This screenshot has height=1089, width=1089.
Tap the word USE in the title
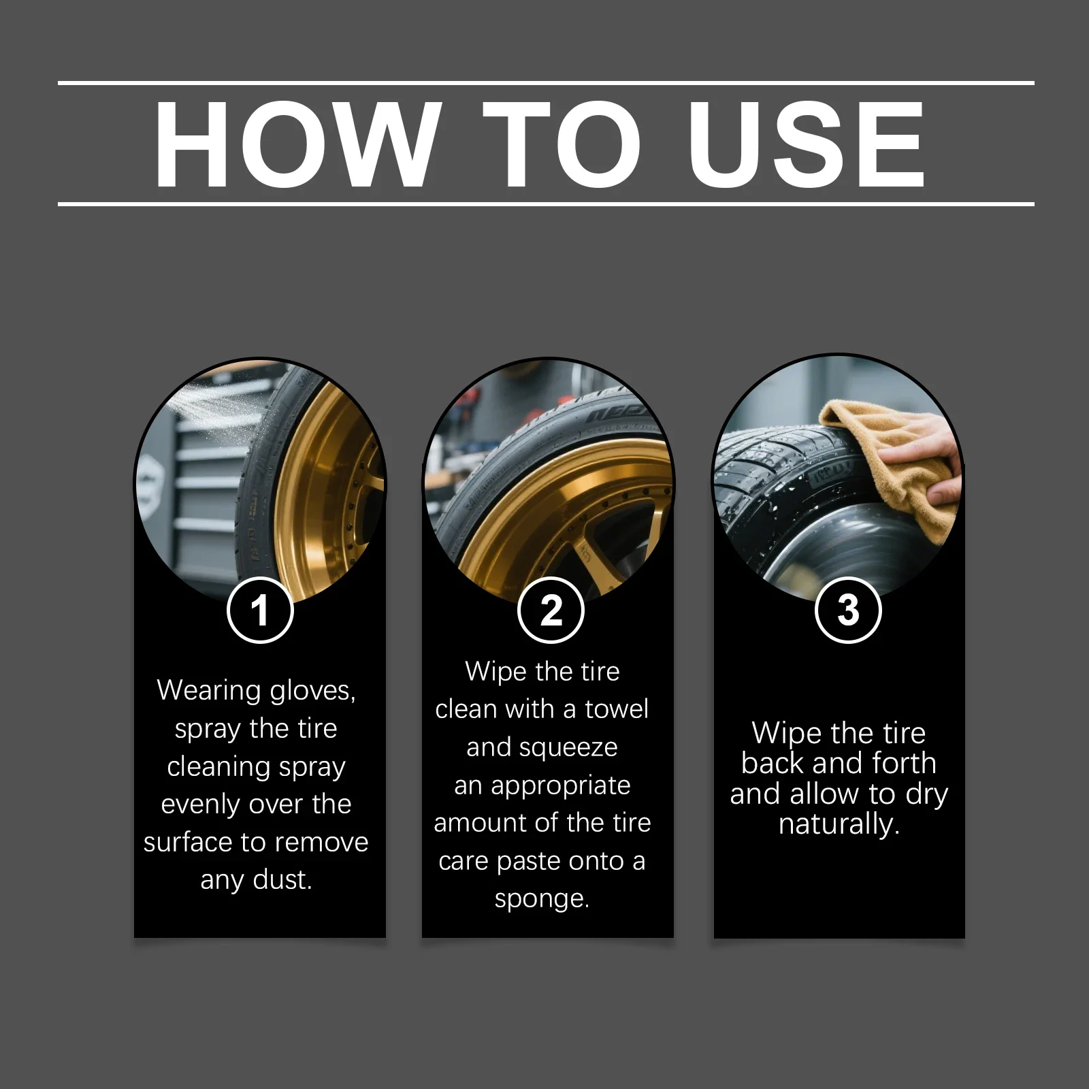[807, 144]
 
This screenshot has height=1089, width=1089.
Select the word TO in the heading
[562, 144]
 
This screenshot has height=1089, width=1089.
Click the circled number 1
[260, 610]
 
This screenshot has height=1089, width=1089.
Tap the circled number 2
[551, 610]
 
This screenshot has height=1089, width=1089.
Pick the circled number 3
[848, 610]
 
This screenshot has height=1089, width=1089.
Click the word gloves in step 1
[312, 691]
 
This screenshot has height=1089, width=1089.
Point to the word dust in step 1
[282, 879]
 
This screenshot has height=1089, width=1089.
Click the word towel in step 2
[617, 709]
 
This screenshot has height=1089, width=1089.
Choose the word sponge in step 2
[542, 900]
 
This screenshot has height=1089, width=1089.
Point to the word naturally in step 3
[839, 825]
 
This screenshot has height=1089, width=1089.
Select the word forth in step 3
[903, 762]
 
